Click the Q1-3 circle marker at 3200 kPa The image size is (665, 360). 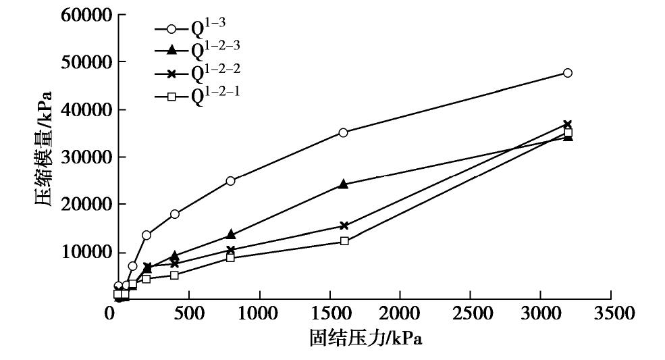[x=568, y=73]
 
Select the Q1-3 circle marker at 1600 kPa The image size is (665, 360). [x=344, y=132]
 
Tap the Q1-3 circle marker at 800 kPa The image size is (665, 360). [x=231, y=180]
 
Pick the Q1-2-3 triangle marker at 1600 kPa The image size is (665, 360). [x=344, y=184]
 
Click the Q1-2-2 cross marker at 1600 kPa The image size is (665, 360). [x=344, y=226]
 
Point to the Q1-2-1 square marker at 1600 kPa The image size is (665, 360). [x=344, y=240]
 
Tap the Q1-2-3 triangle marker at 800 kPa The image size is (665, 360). [x=231, y=234]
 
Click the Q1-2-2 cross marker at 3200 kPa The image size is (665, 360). [x=568, y=124]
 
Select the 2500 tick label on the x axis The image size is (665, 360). [x=471, y=314]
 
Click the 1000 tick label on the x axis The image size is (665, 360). [x=259, y=314]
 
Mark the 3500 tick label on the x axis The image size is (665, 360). [x=611, y=314]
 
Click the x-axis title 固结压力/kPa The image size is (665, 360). [x=365, y=338]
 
